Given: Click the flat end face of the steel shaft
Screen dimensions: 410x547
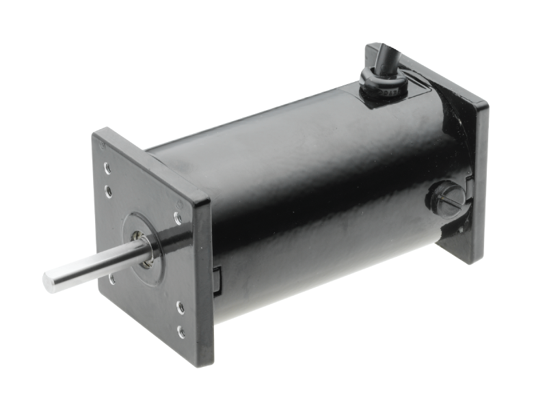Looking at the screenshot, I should pos(48,278).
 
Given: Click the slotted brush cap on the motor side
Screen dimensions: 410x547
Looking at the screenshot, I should pos(442,200).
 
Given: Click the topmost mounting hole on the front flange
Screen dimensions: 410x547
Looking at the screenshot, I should pos(107,167).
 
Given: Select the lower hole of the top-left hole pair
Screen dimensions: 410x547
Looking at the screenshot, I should pos(108,189).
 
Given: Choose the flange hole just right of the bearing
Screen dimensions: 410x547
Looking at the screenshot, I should pos(177,219).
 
